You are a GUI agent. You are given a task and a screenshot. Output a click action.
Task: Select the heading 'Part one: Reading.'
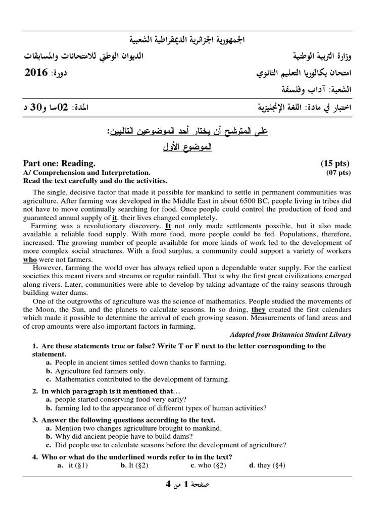click(x=59, y=164)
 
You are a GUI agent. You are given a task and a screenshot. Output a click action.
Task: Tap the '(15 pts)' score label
click(x=335, y=164)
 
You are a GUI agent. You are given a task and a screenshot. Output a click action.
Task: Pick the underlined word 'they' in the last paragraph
click(x=258, y=309)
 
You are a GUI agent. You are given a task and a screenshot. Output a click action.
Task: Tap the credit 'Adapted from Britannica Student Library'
click(x=290, y=335)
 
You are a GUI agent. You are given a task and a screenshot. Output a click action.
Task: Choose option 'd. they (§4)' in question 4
click(x=267, y=466)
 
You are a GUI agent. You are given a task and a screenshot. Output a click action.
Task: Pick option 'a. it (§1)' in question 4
click(x=73, y=466)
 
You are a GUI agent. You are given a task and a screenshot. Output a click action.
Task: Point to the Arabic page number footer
click(x=187, y=485)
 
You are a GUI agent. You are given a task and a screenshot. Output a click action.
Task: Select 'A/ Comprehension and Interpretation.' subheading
click(x=86, y=173)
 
